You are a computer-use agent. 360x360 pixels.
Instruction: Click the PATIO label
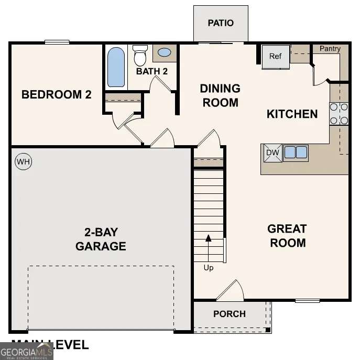(x=220, y=23)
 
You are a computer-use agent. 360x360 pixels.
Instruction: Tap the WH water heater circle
(x=23, y=162)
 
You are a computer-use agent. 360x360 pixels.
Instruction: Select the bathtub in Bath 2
(x=116, y=67)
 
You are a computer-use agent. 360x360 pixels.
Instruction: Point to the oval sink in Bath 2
(x=164, y=53)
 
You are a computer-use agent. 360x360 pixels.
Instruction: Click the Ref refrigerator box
(x=276, y=57)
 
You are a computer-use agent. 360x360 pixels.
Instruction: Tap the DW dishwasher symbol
(x=271, y=153)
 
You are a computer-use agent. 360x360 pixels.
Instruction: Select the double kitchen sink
(x=296, y=153)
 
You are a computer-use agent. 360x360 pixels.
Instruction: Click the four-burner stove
(x=339, y=114)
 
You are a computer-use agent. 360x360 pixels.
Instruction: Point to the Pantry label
(x=330, y=49)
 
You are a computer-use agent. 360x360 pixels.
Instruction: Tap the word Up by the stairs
(x=209, y=268)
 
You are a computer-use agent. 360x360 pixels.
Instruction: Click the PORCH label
(x=230, y=314)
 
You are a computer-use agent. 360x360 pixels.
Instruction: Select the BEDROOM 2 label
(x=57, y=95)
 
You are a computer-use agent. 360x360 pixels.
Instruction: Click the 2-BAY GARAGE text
(x=101, y=239)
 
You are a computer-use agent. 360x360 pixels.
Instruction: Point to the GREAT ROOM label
(x=287, y=236)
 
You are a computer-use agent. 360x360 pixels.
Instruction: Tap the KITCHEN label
(x=292, y=114)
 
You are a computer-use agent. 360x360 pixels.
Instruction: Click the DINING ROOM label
(x=220, y=95)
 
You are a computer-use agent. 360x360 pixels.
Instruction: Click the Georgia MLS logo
(x=27, y=351)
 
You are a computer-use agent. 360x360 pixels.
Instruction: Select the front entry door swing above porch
(x=232, y=291)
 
